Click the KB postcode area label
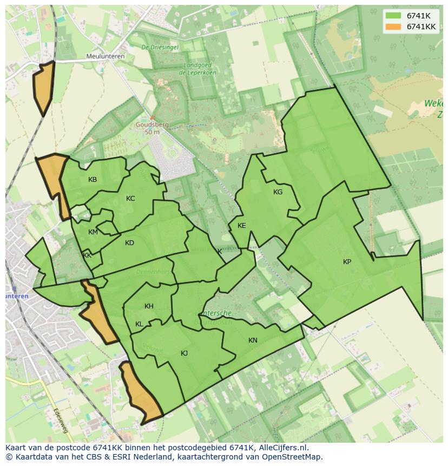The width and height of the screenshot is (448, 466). point(93,180)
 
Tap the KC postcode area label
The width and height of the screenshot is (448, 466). point(130,199)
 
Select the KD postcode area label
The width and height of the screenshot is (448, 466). point(129,243)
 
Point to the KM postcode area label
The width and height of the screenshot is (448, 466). point(93,232)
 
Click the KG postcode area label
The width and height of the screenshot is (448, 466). point(278,192)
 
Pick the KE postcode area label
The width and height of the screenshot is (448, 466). point(241,226)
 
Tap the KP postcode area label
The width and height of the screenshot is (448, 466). point(347,262)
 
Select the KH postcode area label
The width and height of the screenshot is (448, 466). point(149,306)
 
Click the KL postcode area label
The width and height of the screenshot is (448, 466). point(139,324)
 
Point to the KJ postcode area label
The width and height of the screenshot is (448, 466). point(184,353)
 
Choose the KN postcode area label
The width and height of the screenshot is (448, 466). point(253,340)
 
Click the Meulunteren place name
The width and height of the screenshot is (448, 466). point(106,56)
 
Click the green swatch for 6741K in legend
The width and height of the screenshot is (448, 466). point(394,15)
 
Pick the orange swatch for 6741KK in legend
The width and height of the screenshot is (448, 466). point(394,26)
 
